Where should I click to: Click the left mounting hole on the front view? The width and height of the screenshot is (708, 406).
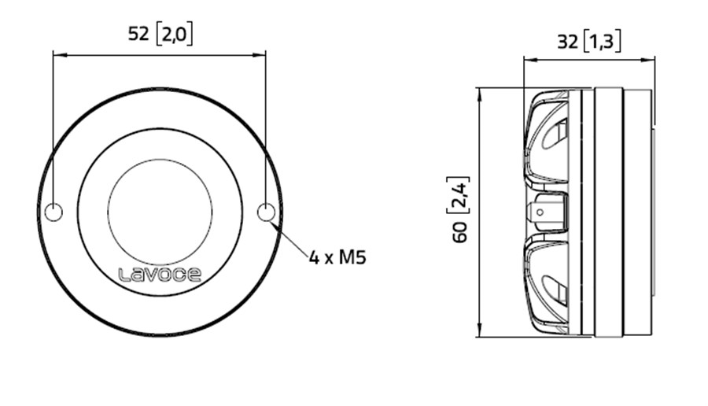click(53, 212)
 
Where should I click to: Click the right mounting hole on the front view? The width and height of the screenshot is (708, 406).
click(267, 212)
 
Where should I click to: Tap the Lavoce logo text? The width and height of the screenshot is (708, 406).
click(160, 275)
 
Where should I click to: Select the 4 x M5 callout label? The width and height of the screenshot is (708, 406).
click(337, 257)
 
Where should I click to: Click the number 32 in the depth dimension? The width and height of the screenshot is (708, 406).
click(566, 42)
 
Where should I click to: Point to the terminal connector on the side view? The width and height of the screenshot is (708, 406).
click(547, 212)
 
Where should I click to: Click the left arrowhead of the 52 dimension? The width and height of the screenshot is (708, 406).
click(57, 55)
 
